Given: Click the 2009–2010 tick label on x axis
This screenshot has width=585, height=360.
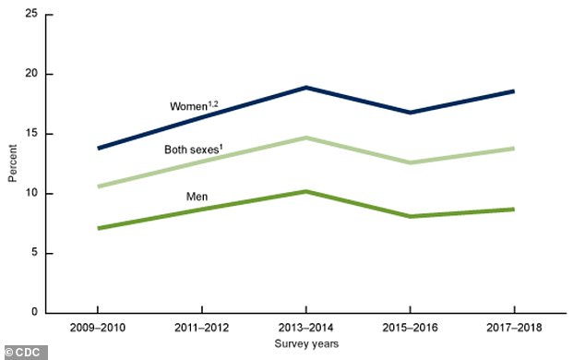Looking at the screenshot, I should (x=97, y=328).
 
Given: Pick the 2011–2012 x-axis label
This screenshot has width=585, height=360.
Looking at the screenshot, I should (x=201, y=328).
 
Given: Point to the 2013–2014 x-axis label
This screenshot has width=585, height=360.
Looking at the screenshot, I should (x=305, y=328).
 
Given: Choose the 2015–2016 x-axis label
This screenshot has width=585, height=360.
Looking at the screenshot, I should (x=410, y=328).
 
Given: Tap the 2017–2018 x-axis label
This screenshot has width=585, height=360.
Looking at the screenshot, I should (x=514, y=328).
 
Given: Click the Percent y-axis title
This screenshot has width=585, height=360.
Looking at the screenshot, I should (x=12, y=163).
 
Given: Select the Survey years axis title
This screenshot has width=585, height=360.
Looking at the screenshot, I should (x=305, y=343).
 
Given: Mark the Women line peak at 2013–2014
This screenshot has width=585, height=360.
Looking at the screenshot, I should (x=305, y=88).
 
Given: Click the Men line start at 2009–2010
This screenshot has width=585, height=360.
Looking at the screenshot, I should (x=97, y=228).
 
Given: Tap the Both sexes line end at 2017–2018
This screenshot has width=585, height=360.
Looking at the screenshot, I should (x=514, y=149).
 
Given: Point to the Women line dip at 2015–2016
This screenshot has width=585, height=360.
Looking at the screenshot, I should (x=410, y=113).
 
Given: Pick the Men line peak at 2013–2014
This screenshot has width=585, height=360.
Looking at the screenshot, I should (x=305, y=191).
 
